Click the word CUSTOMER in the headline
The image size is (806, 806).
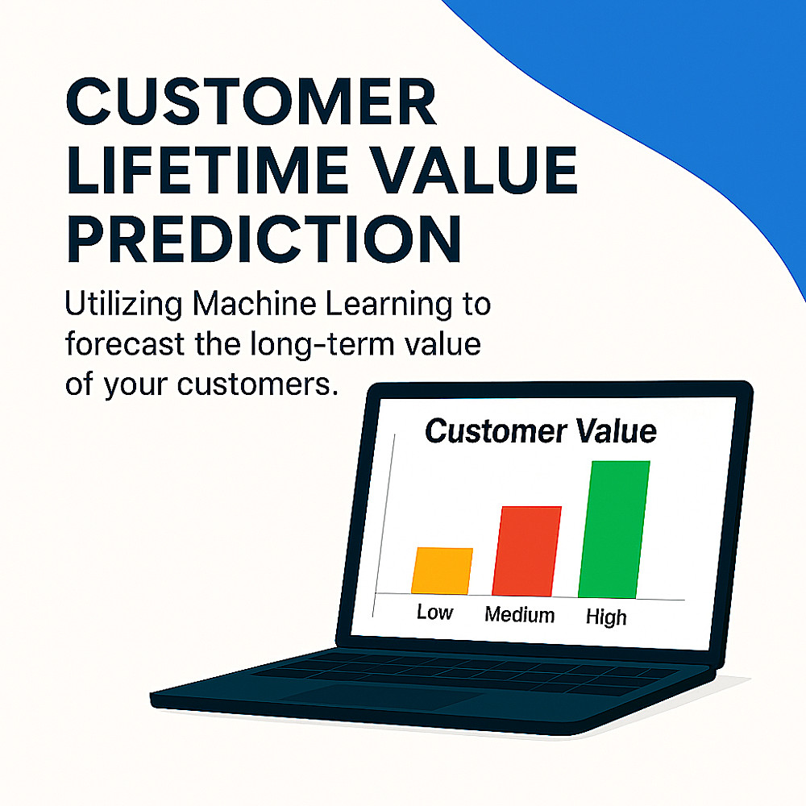[251, 102]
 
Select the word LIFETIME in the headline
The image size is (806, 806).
[208, 170]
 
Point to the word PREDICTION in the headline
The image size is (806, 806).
[264, 239]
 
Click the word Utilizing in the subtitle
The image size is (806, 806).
[123, 305]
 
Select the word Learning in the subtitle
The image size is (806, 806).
[388, 305]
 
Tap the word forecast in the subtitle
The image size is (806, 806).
[124, 344]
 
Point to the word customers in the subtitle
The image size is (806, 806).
[258, 384]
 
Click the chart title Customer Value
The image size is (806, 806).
[541, 430]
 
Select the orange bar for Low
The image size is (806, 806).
[442, 571]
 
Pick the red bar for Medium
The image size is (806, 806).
[526, 551]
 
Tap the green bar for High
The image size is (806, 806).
[614, 530]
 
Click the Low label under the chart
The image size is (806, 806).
[435, 613]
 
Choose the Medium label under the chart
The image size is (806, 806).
[520, 615]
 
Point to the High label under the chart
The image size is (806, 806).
[607, 617]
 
